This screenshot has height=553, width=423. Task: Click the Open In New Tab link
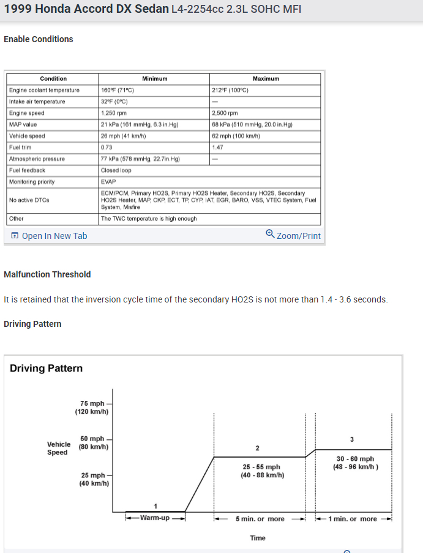pyautogui.click(x=54, y=236)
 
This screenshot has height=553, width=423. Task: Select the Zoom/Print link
pyautogui.click(x=298, y=236)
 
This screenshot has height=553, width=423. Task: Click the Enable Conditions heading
pyautogui.click(x=39, y=39)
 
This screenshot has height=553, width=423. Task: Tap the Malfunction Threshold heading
pyautogui.click(x=47, y=274)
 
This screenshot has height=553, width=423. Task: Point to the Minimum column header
pyautogui.click(x=154, y=79)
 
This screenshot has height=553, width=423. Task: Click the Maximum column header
pyautogui.click(x=266, y=79)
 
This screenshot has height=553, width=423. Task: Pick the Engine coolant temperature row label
pyautogui.click(x=45, y=90)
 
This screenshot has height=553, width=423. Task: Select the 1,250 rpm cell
pyautogui.click(x=114, y=113)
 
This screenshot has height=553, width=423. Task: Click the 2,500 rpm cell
pyautogui.click(x=225, y=113)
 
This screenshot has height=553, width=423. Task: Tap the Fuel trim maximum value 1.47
pyautogui.click(x=218, y=147)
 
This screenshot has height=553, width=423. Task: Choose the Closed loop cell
pyautogui.click(x=116, y=170)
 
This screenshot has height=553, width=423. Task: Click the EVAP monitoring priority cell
pyautogui.click(x=108, y=182)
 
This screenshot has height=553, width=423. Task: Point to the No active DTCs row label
pyautogui.click(x=29, y=200)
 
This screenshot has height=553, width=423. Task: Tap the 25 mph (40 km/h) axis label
pyautogui.click(x=94, y=479)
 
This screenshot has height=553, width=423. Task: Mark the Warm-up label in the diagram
pyautogui.click(x=154, y=519)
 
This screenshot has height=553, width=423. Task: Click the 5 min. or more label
pyautogui.click(x=260, y=519)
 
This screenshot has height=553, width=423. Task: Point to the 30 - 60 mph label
pyautogui.click(x=355, y=459)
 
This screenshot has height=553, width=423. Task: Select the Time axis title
pyautogui.click(x=258, y=538)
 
